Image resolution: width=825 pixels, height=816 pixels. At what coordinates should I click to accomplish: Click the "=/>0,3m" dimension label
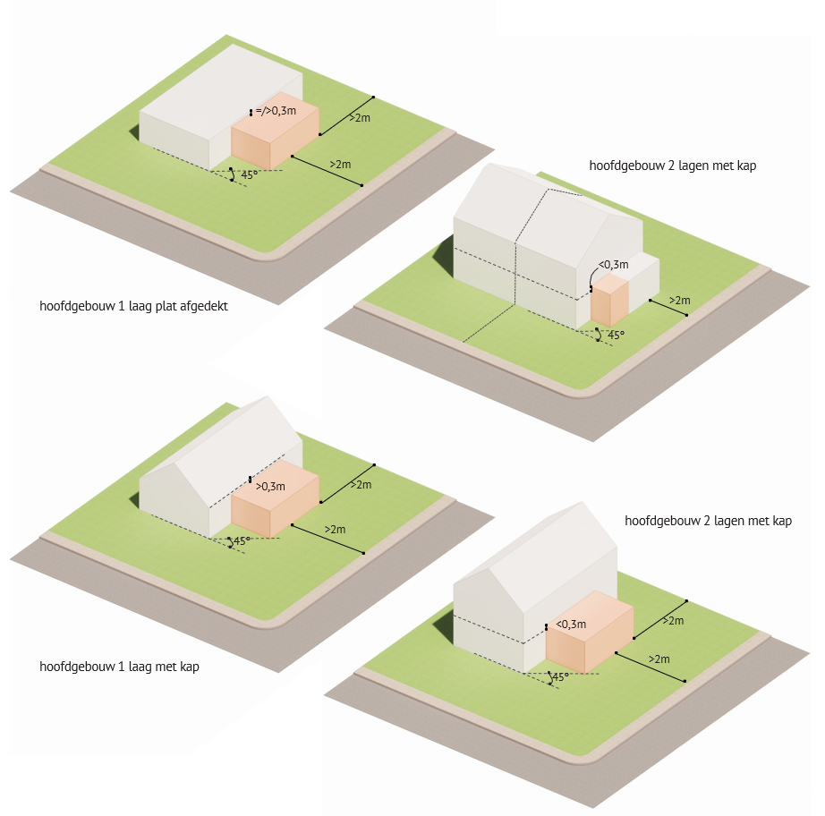tap(276, 111)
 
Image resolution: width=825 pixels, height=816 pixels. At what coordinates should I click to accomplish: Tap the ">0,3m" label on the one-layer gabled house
tap(270, 487)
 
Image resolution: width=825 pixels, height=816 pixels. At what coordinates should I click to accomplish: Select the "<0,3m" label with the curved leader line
tap(614, 265)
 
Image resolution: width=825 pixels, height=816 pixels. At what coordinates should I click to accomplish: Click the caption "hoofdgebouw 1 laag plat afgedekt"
tap(133, 306)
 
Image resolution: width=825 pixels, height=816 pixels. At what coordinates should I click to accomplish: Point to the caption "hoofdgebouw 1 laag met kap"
tap(119, 667)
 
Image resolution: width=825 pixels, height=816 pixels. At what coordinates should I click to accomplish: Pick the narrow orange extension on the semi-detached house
tap(609, 300)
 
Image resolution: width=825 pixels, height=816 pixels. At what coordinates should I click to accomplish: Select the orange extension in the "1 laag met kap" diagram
tap(275, 498)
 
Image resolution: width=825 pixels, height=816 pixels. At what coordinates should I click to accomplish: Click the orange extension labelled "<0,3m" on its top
tap(590, 632)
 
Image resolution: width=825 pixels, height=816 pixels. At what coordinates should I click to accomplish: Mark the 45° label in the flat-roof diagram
tap(250, 174)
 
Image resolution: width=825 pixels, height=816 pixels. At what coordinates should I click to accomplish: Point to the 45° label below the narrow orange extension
tap(616, 336)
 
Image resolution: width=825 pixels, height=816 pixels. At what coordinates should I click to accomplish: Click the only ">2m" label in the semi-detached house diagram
tap(679, 301)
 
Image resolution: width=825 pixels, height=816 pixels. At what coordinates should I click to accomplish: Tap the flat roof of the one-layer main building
tap(221, 90)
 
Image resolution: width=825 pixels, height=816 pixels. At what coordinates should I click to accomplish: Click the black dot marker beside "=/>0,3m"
tap(251, 112)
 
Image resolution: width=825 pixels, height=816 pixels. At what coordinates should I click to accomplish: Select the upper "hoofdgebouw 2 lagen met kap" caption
tap(672, 166)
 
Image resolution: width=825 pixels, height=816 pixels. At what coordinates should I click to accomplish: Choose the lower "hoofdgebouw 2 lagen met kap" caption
tap(708, 521)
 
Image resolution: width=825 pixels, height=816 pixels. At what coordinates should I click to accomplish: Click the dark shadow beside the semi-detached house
tap(443, 258)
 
